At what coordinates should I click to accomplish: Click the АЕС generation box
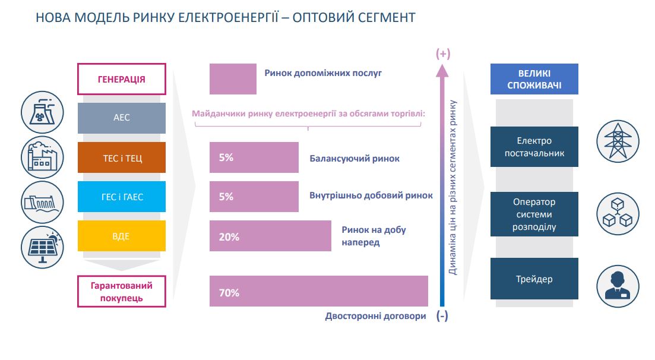[x=122, y=118]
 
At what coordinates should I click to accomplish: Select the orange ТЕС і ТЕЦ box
[x=122, y=157]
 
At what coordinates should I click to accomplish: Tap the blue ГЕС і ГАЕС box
[x=122, y=197]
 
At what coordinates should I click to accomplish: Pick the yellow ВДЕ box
[x=122, y=236]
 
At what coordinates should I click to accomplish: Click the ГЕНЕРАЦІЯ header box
[x=122, y=79]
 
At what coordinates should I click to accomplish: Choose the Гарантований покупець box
[x=122, y=292]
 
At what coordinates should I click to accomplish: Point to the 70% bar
[x=319, y=291]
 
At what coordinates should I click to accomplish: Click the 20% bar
[x=270, y=236]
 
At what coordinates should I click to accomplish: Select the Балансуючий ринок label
[x=355, y=159]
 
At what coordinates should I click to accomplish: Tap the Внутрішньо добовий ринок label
[x=371, y=195]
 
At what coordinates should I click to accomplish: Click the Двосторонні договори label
[x=375, y=316]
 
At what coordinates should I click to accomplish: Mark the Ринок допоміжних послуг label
[x=323, y=73]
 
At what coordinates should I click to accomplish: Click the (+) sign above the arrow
[x=443, y=53]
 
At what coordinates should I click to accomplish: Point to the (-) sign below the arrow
[x=442, y=315]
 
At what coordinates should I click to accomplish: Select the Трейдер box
[x=534, y=279]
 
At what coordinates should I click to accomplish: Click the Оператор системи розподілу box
[x=534, y=214]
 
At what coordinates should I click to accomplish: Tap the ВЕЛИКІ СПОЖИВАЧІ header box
[x=534, y=79]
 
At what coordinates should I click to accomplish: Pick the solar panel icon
[x=42, y=247]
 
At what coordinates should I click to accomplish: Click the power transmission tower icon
[x=618, y=141]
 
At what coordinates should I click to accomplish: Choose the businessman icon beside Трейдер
[x=618, y=286]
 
